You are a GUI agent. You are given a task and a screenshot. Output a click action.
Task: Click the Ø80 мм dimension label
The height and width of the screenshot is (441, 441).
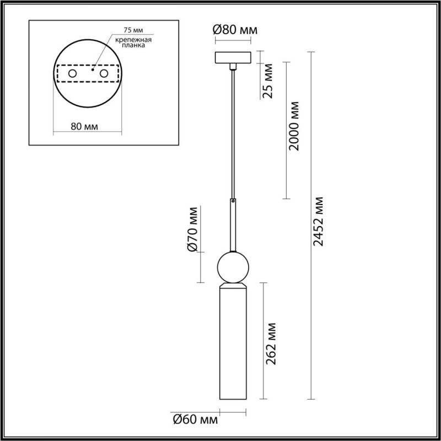tap(235, 30)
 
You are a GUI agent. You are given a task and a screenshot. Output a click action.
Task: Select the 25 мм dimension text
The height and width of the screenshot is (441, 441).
tap(268, 81)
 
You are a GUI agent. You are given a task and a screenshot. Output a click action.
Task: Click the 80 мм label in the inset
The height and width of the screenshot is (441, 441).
tap(85, 126)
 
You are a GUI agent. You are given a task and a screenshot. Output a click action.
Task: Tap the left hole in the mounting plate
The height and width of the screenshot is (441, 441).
tap(72, 74)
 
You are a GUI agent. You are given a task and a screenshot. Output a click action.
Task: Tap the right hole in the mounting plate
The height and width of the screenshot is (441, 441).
tap(104, 74)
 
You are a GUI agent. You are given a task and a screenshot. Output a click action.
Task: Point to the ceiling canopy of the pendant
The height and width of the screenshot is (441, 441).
tap(234, 57)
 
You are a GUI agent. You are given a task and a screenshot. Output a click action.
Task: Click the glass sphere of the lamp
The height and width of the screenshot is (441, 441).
tap(234, 267)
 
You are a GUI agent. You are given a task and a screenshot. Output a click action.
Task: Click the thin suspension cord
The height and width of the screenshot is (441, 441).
tap(234, 132)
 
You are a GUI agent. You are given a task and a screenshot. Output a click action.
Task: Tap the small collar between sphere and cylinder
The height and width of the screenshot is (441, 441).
tap(234, 286)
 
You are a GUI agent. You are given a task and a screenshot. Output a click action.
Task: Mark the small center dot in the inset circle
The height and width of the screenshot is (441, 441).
tap(93, 71)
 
